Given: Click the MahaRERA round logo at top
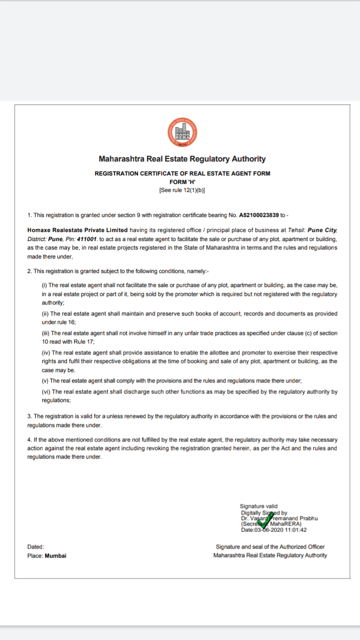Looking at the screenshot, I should [182, 132].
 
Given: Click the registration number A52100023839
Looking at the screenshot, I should [259, 215].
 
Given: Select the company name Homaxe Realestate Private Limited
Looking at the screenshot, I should [78, 230].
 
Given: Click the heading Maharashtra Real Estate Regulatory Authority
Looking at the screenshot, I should [182, 159].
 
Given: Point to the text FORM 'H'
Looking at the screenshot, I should [182, 182].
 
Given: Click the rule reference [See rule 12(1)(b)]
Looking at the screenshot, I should [182, 190].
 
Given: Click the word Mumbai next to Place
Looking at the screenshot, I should [55, 555].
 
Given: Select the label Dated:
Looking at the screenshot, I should [35, 547].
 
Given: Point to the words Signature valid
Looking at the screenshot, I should [258, 506].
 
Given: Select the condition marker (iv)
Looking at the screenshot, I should [45, 352].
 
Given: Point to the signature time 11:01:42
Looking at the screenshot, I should [295, 530].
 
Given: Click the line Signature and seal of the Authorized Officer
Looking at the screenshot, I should [270, 547].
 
